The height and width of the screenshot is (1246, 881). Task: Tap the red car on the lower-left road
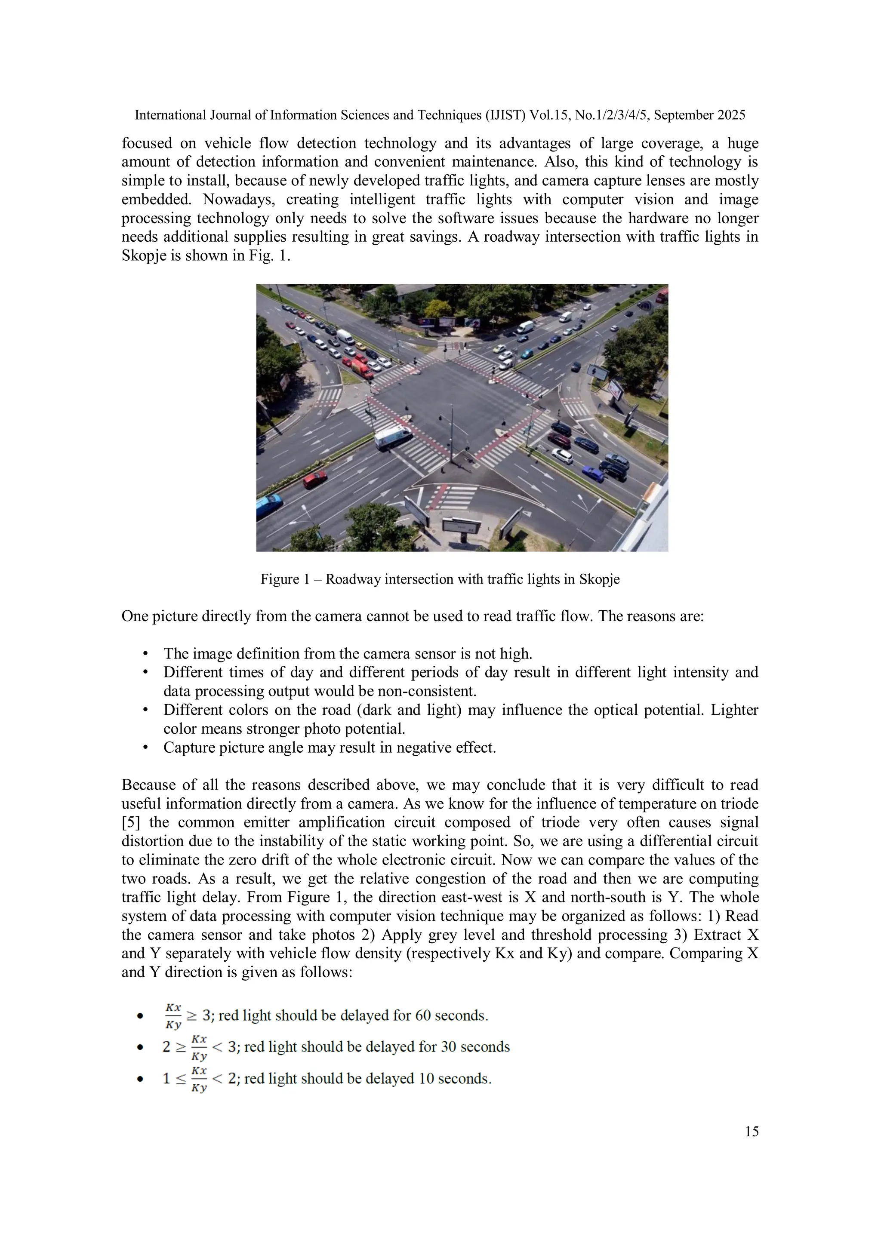pyautogui.click(x=315, y=479)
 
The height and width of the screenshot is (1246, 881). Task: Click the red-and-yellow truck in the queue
pyautogui.click(x=362, y=368)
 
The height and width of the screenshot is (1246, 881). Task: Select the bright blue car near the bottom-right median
pyautogui.click(x=593, y=474)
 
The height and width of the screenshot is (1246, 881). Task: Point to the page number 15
pyautogui.click(x=751, y=1132)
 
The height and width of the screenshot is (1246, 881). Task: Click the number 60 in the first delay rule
pyautogui.click(x=423, y=1015)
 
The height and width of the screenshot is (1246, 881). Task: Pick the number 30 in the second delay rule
pyautogui.click(x=448, y=1047)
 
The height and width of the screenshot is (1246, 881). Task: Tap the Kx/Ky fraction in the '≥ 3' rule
pyautogui.click(x=173, y=1016)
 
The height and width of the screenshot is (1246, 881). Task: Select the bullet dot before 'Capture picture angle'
pyautogui.click(x=145, y=748)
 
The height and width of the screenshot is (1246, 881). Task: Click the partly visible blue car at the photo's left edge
pyautogui.click(x=268, y=504)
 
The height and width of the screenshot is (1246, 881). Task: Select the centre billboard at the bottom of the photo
pyautogui.click(x=462, y=526)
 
